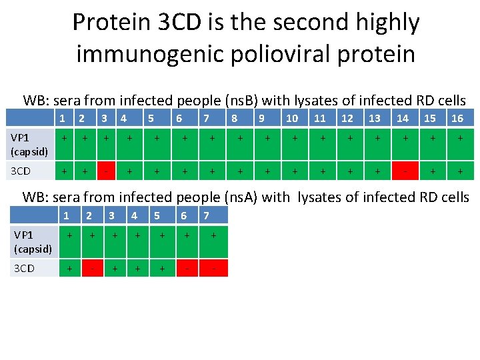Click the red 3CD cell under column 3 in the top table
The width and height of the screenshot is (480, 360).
coord(105,171)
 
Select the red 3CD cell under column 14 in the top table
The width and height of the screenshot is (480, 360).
coord(403,171)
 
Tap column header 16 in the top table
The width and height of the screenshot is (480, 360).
coord(457,119)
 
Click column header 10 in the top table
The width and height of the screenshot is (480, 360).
coord(292,119)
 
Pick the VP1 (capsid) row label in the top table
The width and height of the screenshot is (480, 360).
coord(27,144)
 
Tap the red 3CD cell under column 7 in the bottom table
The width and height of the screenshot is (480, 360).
coord(213,268)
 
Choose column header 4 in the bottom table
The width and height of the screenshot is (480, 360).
coord(135,215)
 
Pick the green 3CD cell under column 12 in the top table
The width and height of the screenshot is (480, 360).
coord(347,171)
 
